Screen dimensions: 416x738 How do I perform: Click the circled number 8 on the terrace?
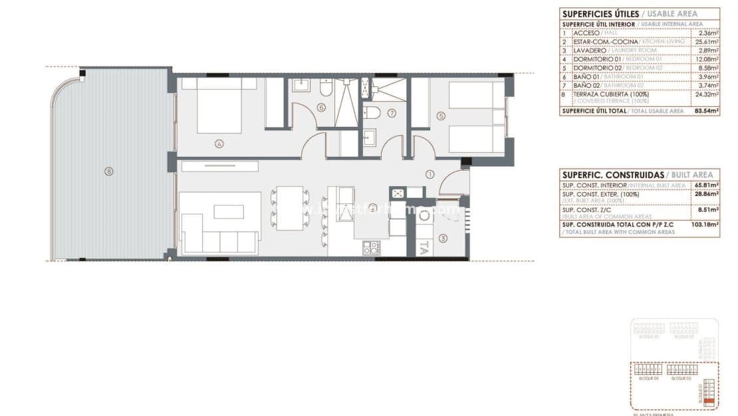[x=108, y=171]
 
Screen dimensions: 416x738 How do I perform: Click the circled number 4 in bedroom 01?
[x=219, y=143]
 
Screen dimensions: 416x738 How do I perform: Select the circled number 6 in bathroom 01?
[x=321, y=107]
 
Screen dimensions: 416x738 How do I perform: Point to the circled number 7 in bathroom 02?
[x=392, y=113]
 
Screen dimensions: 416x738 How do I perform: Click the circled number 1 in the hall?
[x=430, y=175]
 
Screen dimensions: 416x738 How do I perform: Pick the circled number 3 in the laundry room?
[x=442, y=237]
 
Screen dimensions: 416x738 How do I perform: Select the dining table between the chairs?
[x=290, y=208]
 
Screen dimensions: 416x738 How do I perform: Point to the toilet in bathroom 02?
[x=373, y=112]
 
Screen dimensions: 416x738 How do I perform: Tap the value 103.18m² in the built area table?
[x=706, y=225]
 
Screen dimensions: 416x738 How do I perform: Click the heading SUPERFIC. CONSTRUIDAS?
[x=612, y=174]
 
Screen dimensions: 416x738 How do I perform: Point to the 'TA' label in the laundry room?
[x=424, y=247]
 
